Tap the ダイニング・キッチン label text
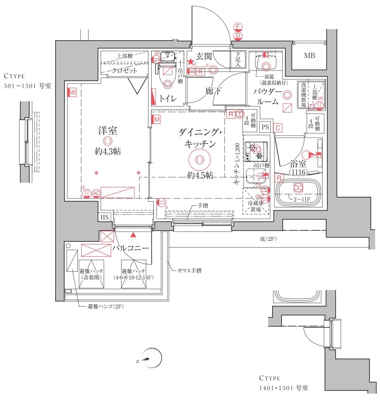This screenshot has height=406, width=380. pyautogui.click(x=197, y=138)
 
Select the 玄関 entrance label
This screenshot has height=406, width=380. pyautogui.click(x=205, y=56)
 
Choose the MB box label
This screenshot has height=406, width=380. pyautogui.click(x=309, y=56)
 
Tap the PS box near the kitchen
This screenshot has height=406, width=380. pyautogui.click(x=265, y=127)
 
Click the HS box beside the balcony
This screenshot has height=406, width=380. pyautogui.click(x=105, y=217)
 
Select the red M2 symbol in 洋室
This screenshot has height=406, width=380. pyautogui.click(x=72, y=93)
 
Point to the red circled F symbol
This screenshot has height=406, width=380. pyautogui.click(x=238, y=27)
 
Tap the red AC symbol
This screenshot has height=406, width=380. pyautogui.click(x=95, y=192)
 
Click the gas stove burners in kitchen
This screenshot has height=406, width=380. pyautogui.click(x=255, y=151)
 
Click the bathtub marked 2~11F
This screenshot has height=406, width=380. pyautogui.click(x=298, y=189)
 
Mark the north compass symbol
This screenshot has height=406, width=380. pyautogui.click(x=151, y=358)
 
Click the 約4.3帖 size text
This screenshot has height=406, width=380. pyautogui.click(x=107, y=151)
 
